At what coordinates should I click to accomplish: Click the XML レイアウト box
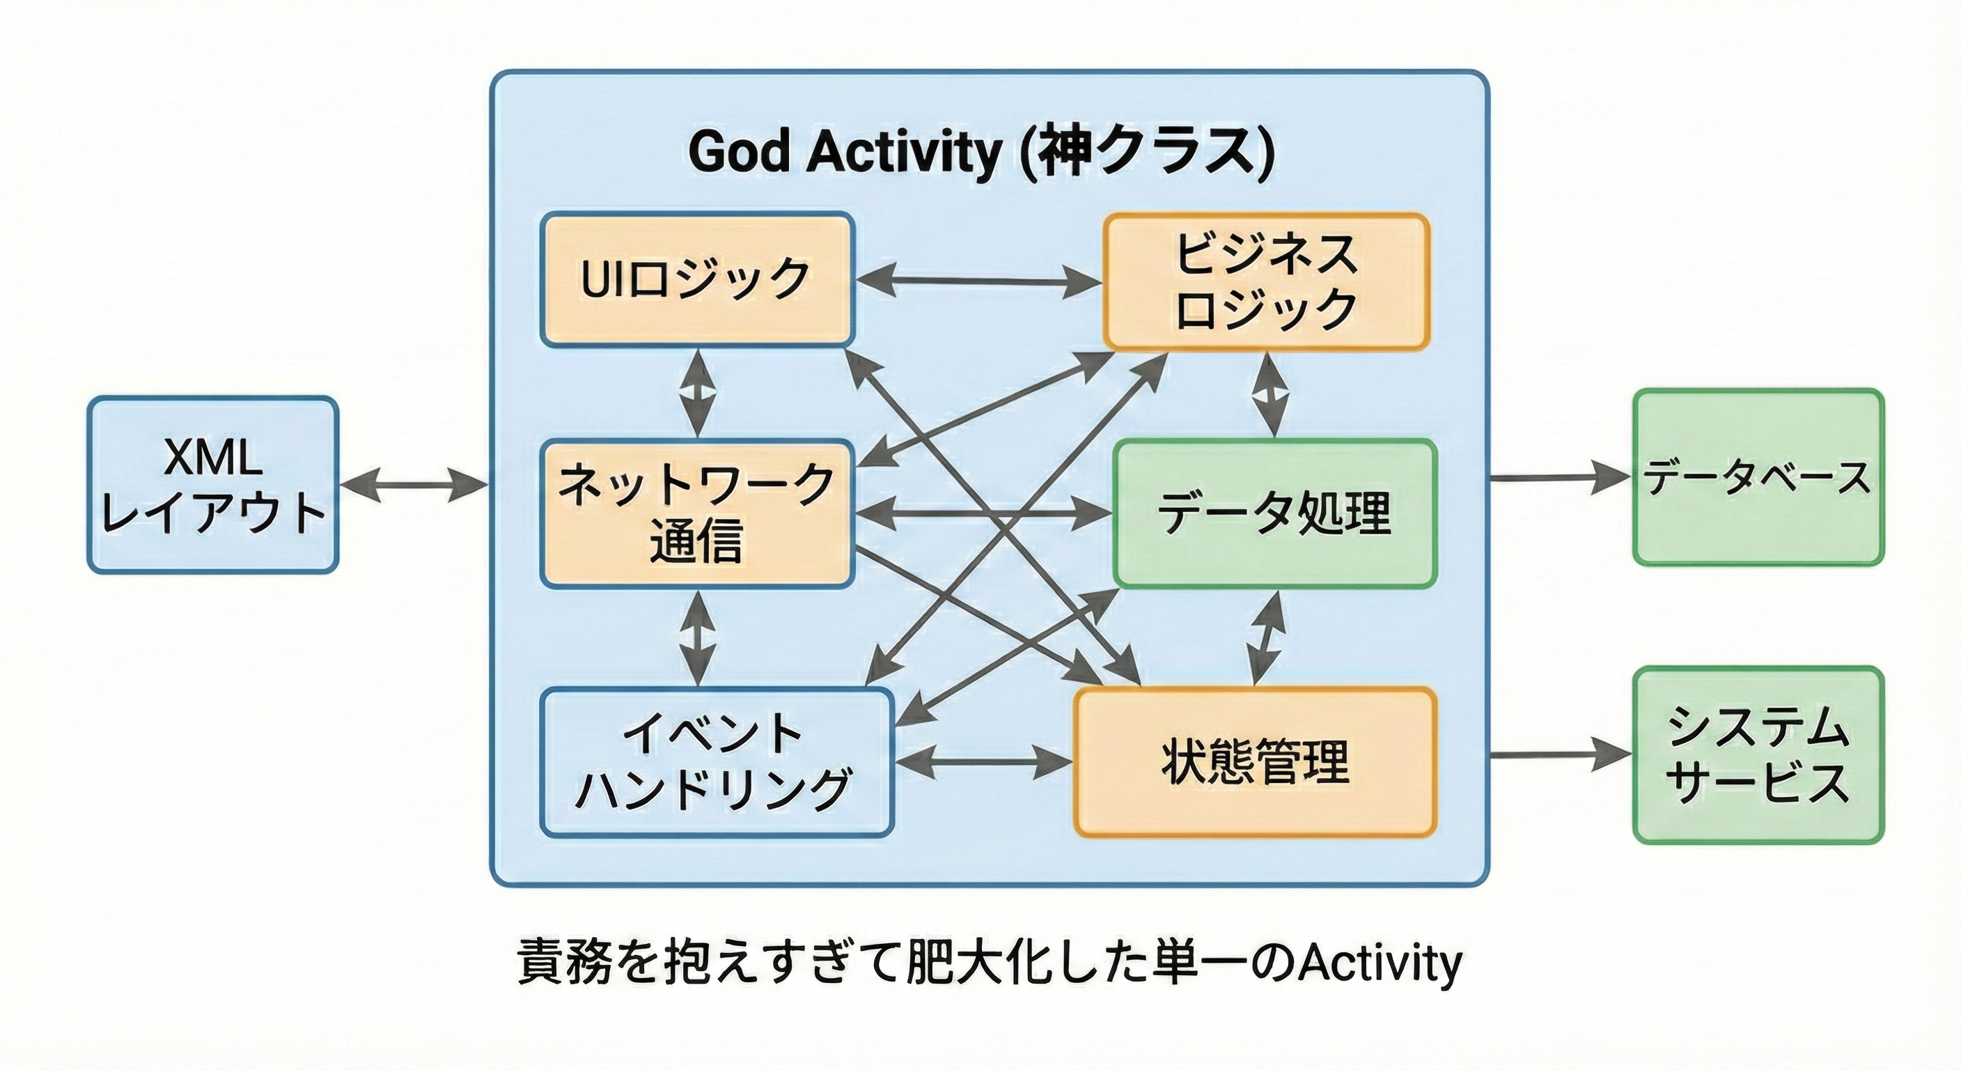click(x=213, y=484)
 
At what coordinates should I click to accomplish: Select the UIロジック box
click(x=697, y=279)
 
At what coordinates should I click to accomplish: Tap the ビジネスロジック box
click(x=1267, y=281)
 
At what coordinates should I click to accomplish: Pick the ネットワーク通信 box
click(x=696, y=514)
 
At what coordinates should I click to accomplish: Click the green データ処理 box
click(x=1275, y=513)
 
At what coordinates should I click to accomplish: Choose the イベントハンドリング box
click(x=717, y=762)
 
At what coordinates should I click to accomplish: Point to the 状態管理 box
click(x=1256, y=761)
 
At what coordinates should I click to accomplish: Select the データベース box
click(x=1758, y=477)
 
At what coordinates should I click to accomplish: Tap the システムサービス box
click(x=1758, y=755)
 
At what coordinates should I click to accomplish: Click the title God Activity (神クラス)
click(x=981, y=153)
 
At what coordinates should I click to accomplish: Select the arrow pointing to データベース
click(x=1561, y=477)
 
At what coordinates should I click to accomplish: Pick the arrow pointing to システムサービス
click(x=1561, y=754)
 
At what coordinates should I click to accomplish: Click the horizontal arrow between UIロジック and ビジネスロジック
click(x=979, y=281)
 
